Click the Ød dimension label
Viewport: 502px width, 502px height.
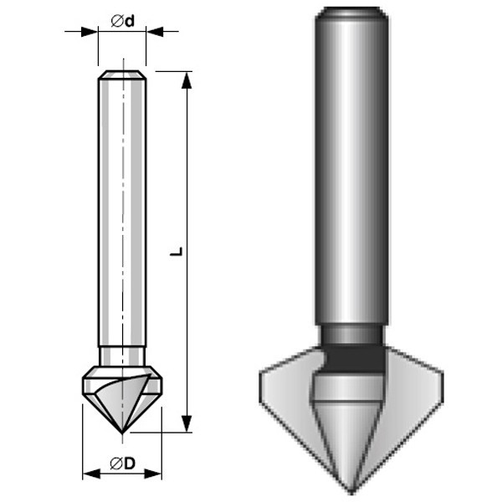pyautogui.click(x=123, y=21)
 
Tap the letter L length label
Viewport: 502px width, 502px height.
pyautogui.click(x=176, y=251)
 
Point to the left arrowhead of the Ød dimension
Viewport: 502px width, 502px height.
pyautogui.click(x=90, y=32)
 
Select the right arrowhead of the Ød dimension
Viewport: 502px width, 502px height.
pyautogui.click(x=155, y=32)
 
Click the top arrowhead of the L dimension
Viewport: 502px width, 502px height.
pyautogui.click(x=187, y=80)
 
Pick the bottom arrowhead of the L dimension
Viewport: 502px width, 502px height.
pyautogui.click(x=187, y=423)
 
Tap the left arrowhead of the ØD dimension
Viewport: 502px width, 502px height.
pyautogui.click(x=91, y=474)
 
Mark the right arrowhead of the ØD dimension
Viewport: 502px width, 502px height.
pyautogui.click(x=153, y=474)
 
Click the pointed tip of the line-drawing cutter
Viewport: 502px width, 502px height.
pyautogui.click(x=122, y=433)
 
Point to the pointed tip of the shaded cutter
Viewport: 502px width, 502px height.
pyautogui.click(x=351, y=493)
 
